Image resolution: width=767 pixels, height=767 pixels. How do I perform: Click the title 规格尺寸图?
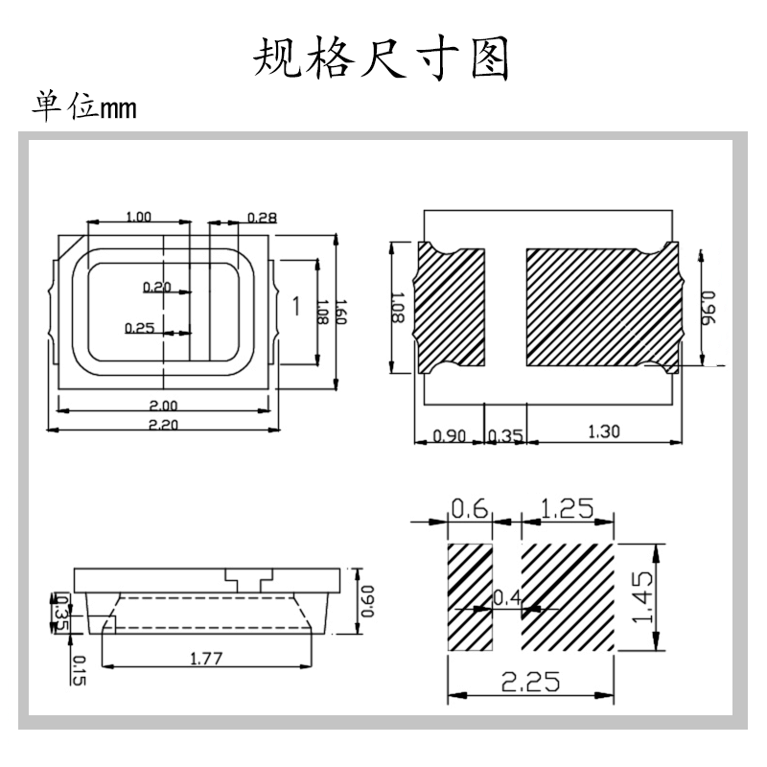[x=382, y=59]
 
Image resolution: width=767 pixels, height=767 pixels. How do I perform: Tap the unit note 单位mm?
[x=84, y=106]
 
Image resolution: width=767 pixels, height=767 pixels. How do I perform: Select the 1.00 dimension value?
[x=139, y=218]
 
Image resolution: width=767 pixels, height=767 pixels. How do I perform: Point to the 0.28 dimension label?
[x=262, y=218]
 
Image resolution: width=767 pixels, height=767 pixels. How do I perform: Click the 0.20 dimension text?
[x=155, y=287]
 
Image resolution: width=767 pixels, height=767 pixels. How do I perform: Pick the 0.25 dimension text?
[x=139, y=328]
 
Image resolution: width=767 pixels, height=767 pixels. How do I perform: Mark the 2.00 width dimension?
[x=164, y=404]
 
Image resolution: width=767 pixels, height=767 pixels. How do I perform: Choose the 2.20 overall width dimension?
[x=164, y=425]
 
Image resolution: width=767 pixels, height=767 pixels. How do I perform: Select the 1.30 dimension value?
[x=603, y=432]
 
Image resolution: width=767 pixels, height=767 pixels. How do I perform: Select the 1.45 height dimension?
[x=643, y=597]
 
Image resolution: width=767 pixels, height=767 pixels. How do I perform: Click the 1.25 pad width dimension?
[x=568, y=508]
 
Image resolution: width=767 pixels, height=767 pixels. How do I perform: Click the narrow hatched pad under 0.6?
[x=470, y=597]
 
